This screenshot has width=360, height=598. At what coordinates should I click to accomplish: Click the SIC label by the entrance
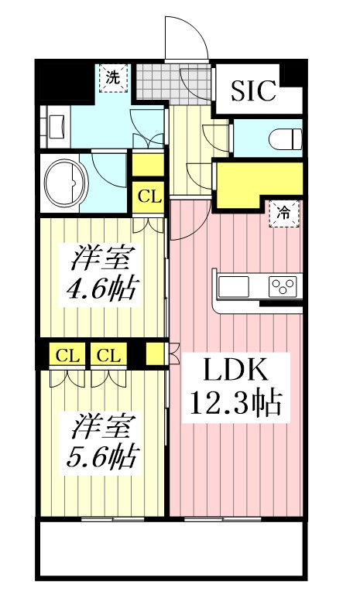254,91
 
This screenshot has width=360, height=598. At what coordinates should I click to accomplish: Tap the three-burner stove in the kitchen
283,287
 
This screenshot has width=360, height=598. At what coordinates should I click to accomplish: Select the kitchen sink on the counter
234,286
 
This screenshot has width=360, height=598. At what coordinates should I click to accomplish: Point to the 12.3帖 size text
235,403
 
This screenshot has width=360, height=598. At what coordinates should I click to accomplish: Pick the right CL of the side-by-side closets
108,356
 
